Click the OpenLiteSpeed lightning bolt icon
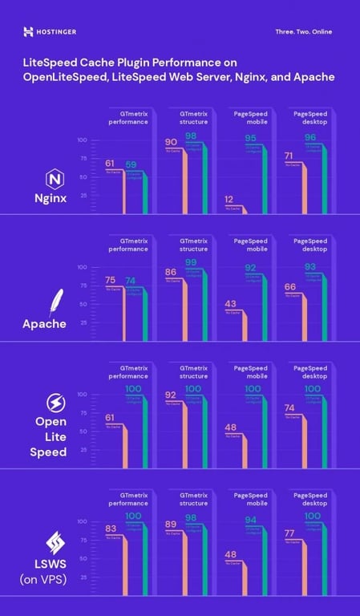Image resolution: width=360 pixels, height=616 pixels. pyautogui.click(x=57, y=402)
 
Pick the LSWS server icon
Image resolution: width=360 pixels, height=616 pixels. pyautogui.click(x=57, y=539)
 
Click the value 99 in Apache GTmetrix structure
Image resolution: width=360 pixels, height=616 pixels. pyautogui.click(x=191, y=262)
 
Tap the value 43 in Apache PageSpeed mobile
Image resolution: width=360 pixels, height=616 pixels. pyautogui.click(x=230, y=303)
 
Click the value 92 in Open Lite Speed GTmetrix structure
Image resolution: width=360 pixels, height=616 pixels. pyautogui.click(x=172, y=395)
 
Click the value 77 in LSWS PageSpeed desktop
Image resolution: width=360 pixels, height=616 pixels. pyautogui.click(x=292, y=532)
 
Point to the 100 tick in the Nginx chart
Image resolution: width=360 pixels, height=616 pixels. pyautogui.click(x=82, y=140)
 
